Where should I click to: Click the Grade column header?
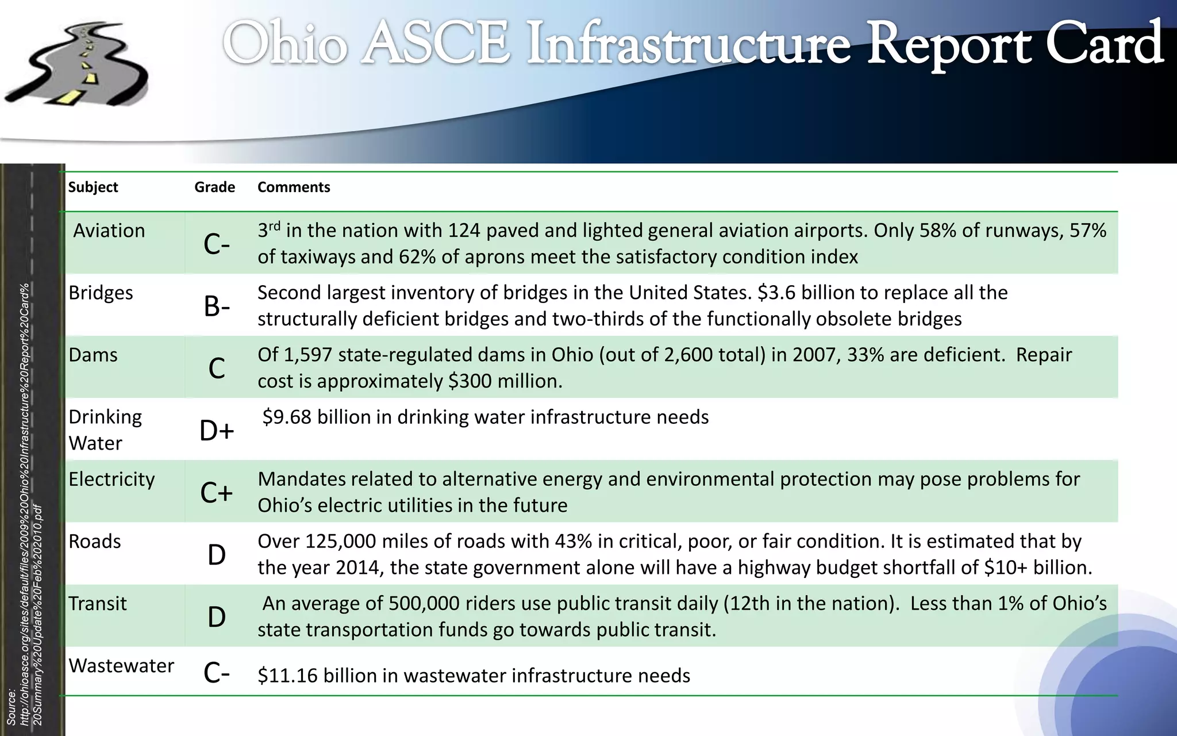pyautogui.click(x=214, y=187)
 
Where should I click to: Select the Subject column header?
pyautogui.click(x=93, y=187)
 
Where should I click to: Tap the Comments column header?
pyautogui.click(x=294, y=187)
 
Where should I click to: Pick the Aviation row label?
pyautogui.click(x=109, y=231)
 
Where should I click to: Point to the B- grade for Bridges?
pyautogui.click(x=217, y=306)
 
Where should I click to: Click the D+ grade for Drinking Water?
pyautogui.click(x=217, y=431)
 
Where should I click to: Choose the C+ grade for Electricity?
pyautogui.click(x=217, y=493)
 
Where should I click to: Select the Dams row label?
pyautogui.click(x=93, y=355)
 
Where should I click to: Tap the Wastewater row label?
pyautogui.click(x=121, y=665)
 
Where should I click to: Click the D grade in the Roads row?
pyautogui.click(x=217, y=555)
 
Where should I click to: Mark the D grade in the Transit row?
pyautogui.click(x=217, y=617)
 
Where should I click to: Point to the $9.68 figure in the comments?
pyautogui.click(x=287, y=417)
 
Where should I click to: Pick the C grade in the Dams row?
pyautogui.click(x=217, y=369)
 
